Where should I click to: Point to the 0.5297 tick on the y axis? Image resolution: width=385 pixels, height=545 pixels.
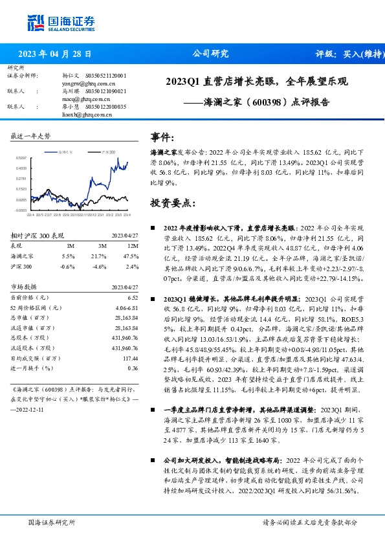(x=21, y=157)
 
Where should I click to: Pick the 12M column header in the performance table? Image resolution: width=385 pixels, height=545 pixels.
(x=133, y=247)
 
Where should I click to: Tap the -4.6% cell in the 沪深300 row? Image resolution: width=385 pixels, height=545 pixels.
(x=99, y=266)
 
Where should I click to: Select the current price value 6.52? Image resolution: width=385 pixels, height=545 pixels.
(x=133, y=297)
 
